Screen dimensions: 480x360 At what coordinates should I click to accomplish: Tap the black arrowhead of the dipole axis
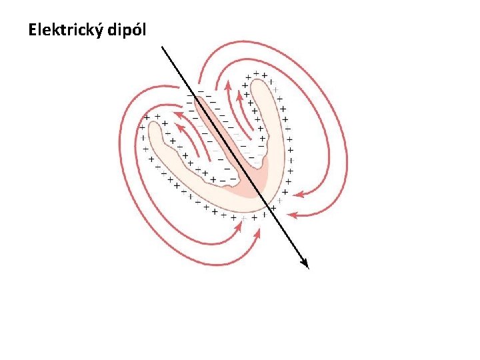click(305, 264)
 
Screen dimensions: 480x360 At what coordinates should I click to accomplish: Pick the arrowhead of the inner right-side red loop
click(297, 195)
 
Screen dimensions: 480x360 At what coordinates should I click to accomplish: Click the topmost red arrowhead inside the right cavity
click(227, 85)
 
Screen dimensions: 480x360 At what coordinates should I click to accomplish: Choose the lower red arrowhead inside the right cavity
click(238, 95)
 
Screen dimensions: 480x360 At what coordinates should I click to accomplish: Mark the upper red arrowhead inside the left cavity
click(177, 114)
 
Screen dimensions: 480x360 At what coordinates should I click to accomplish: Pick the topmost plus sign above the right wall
click(256, 72)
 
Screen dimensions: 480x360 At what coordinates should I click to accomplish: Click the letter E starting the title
click(33, 30)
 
